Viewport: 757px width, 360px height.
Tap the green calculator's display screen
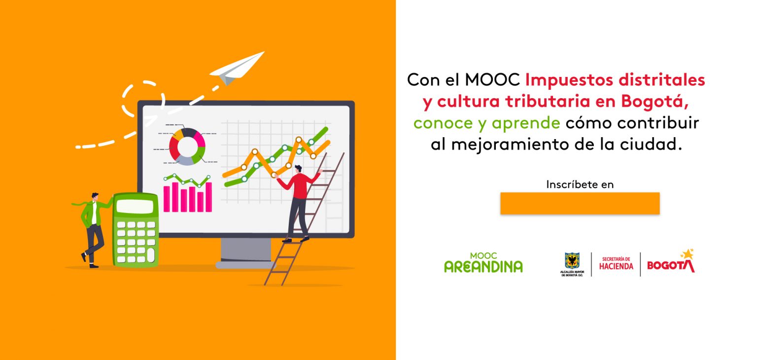[135, 207]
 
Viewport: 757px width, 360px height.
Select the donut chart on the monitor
[187, 146]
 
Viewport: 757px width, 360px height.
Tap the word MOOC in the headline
[492, 80]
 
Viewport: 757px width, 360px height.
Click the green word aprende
[526, 124]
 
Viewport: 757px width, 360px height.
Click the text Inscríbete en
[580, 184]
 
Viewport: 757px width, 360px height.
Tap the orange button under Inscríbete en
[580, 203]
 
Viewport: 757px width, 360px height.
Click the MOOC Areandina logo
[483, 263]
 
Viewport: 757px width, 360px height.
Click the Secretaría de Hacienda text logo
[616, 264]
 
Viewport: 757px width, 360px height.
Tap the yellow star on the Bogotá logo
[688, 254]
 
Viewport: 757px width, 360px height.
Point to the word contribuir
[658, 123]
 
